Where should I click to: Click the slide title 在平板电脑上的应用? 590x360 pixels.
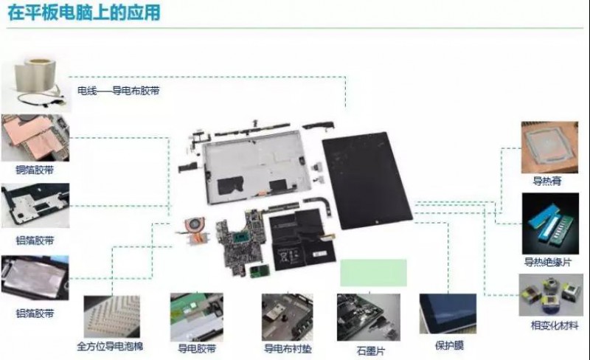coord(84,12)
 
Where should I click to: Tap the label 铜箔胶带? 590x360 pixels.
coord(35,170)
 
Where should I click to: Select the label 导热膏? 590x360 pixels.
coord(546,181)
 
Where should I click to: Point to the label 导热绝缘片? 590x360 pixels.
coord(547,262)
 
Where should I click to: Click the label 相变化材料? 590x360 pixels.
coord(555,325)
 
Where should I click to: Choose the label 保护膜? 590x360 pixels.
coord(449,345)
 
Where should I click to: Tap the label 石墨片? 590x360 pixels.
coord(371,351)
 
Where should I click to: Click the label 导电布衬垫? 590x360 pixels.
coord(288,348)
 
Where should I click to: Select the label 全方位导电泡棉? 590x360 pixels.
coord(110,346)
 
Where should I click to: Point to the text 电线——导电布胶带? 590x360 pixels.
coord(119,91)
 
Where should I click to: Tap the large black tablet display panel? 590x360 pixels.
coord(367,180)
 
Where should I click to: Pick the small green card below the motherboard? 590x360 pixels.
coord(260,271)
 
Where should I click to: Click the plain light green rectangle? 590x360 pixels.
coord(373,273)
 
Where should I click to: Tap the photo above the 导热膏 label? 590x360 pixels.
coord(549,148)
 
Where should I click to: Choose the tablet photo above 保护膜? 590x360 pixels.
coord(448,314)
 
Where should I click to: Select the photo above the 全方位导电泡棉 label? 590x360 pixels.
coord(112,316)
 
